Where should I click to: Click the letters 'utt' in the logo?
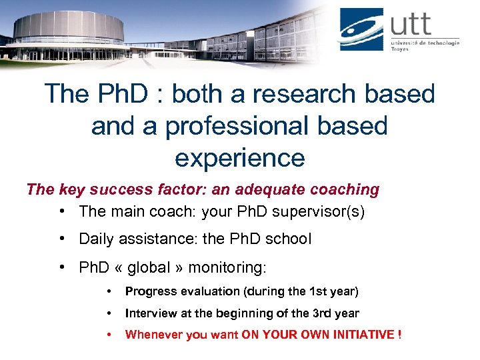(x=411, y=25)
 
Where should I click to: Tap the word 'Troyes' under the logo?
(x=400, y=50)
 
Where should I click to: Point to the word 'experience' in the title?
(x=239, y=158)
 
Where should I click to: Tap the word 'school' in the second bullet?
(x=289, y=239)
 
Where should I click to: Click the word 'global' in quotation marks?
(x=151, y=267)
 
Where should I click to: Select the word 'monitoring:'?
(x=227, y=267)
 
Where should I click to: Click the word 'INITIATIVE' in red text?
(x=363, y=335)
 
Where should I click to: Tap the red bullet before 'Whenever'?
(x=109, y=335)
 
